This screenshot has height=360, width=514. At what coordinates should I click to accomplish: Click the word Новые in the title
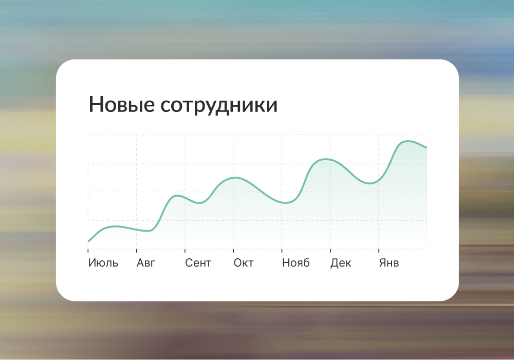click(x=122, y=104)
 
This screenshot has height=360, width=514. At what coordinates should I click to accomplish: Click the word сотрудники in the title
click(x=219, y=105)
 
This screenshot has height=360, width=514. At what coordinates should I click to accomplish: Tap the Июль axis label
click(x=103, y=263)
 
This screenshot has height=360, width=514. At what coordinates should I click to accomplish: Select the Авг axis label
click(x=146, y=263)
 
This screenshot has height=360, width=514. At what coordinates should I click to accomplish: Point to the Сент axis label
click(x=198, y=263)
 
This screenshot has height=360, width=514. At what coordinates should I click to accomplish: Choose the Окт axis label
click(x=244, y=263)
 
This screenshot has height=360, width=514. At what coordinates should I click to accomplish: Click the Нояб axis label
click(x=296, y=263)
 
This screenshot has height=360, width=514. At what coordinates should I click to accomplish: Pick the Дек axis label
click(x=341, y=263)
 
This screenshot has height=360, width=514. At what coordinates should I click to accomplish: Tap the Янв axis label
click(x=389, y=263)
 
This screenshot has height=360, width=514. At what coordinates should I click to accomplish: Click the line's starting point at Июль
click(x=88, y=241)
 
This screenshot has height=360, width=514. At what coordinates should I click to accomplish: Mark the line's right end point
click(x=427, y=148)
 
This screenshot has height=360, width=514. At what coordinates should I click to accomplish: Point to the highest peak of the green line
click(x=408, y=141)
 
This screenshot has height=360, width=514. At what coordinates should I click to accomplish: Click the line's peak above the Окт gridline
click(x=235, y=178)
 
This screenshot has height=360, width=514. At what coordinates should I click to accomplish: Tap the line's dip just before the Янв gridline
click(x=370, y=183)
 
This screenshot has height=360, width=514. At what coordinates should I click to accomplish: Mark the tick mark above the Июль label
click(x=88, y=251)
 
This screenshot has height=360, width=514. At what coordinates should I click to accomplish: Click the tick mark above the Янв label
click(x=379, y=251)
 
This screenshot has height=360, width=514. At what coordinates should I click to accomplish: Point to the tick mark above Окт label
click(x=233, y=251)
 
